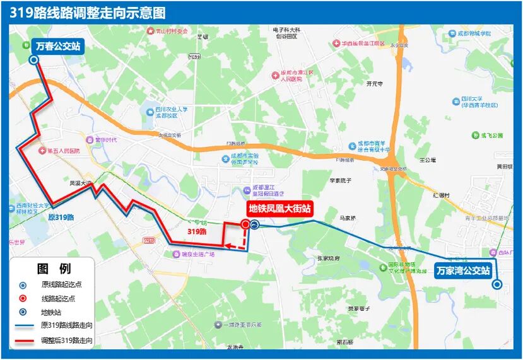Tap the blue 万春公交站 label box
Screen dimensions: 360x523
coord(57,45)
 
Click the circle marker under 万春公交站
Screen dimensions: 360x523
coord(33,60)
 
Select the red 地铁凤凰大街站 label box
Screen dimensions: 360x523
coord(279,208)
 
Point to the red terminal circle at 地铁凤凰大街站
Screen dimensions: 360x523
coord(245,223)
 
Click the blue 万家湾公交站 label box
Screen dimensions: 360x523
coord(463,271)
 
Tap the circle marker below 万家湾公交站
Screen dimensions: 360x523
coord(497,284)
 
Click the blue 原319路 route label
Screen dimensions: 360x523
coord(61,216)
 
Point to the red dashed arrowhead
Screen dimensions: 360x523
coord(229,247)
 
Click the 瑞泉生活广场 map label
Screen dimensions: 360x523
coord(197,254)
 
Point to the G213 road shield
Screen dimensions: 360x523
coord(149,240)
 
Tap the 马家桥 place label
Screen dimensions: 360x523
coord(348,219)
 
